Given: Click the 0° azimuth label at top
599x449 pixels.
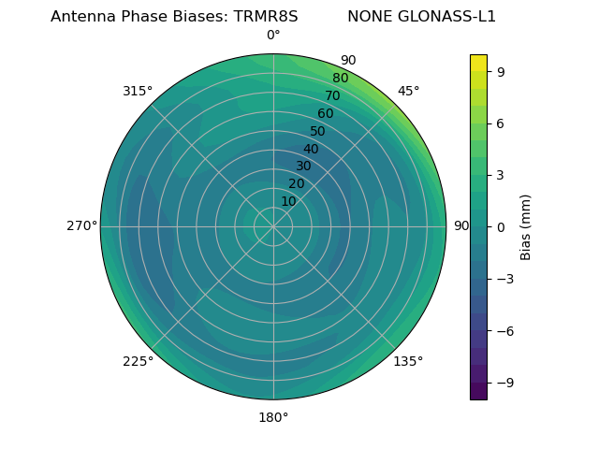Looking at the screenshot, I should click(x=273, y=36).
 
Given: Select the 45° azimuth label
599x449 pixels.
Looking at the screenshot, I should click(x=409, y=91).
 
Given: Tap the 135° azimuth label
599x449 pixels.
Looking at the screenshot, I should click(x=408, y=361).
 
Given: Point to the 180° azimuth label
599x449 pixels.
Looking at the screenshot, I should click(x=273, y=417).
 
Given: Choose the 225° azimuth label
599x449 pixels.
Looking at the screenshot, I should click(x=138, y=361).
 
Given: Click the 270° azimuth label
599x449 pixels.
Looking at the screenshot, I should click(x=81, y=226).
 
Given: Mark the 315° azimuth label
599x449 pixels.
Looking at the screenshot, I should click(x=138, y=91).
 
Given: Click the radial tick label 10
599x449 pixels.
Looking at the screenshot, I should click(x=288, y=201).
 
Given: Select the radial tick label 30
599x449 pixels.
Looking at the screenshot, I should click(x=303, y=167).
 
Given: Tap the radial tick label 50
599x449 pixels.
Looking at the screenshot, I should click(x=318, y=132).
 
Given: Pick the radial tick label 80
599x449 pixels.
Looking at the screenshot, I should click(x=341, y=79).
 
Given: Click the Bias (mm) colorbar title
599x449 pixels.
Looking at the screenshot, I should click(x=526, y=226).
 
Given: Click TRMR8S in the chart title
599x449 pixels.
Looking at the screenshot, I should click(x=266, y=17).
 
